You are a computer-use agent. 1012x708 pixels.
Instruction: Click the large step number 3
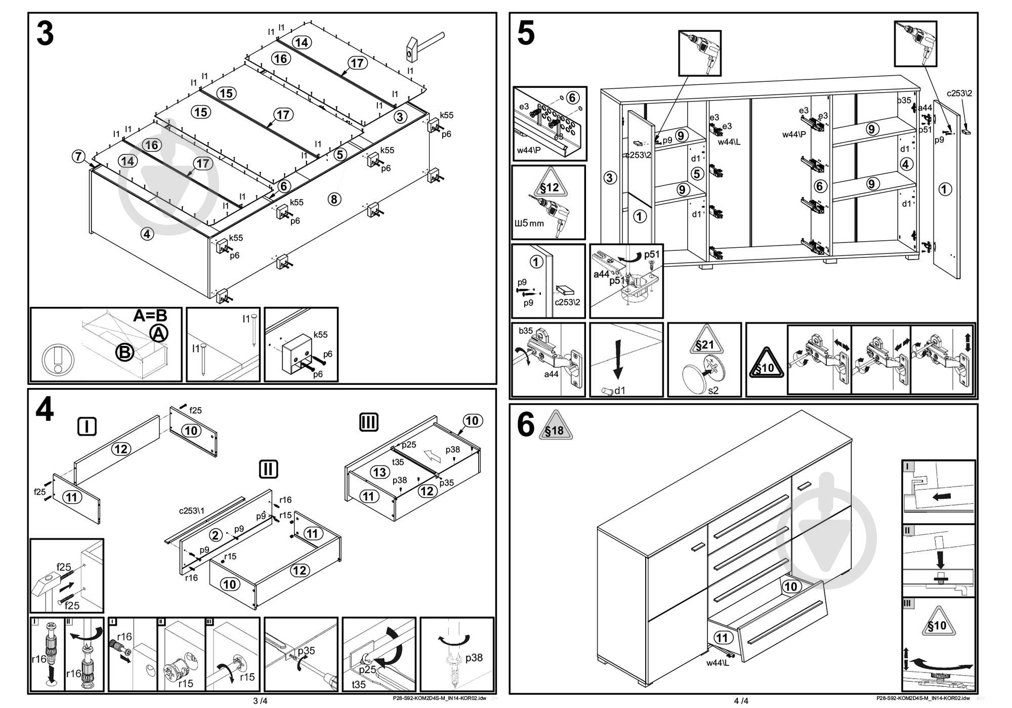[45, 34]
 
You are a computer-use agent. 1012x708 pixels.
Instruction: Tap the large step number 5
[526, 34]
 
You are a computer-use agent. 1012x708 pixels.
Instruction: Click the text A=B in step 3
[150, 316]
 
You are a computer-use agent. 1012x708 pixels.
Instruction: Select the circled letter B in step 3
[124, 352]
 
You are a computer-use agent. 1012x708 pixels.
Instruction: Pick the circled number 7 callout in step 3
[78, 156]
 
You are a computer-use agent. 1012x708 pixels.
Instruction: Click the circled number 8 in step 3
[334, 199]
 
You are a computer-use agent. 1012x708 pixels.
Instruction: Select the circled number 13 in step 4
[379, 472]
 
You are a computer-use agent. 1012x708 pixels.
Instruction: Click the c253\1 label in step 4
[192, 511]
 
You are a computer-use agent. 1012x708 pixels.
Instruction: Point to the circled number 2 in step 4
[216, 535]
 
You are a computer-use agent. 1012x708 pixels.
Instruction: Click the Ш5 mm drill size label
[529, 223]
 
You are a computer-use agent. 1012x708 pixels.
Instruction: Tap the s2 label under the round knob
[713, 390]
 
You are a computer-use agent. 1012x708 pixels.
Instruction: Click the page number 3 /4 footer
[260, 701]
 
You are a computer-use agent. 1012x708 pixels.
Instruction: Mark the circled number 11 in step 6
[722, 638]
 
